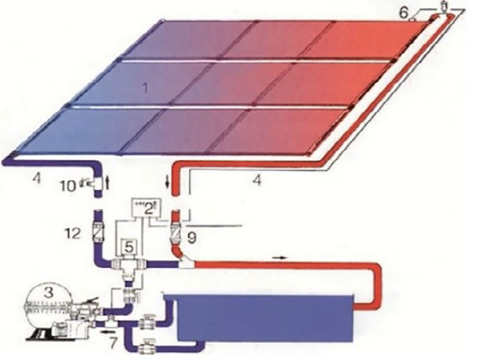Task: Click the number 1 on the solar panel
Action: (x=145, y=88)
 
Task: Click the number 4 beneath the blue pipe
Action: (x=37, y=178)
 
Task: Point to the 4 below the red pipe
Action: (x=257, y=180)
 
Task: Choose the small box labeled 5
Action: (x=404, y=13)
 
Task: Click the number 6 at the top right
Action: (x=113, y=343)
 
